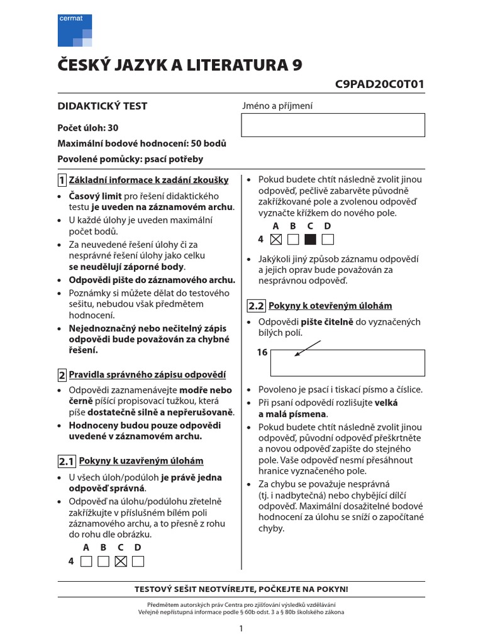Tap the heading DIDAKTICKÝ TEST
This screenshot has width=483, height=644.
pos(103,106)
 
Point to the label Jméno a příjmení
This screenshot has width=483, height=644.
pos(277,106)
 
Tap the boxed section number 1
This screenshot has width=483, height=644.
pos(62,180)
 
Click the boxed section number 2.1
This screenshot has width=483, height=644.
pos(67,462)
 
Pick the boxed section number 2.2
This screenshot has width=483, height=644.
pos(257,306)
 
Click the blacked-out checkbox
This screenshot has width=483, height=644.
pos(310,239)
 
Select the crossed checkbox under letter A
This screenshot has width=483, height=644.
pos(275,239)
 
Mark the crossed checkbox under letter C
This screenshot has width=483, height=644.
pos(121,561)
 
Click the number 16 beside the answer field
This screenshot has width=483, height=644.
pos(262,353)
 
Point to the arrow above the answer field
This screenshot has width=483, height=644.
pos(308,348)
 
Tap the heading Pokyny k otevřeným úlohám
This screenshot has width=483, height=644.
pos(330,306)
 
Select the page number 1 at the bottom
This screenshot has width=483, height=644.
pos(241,628)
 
